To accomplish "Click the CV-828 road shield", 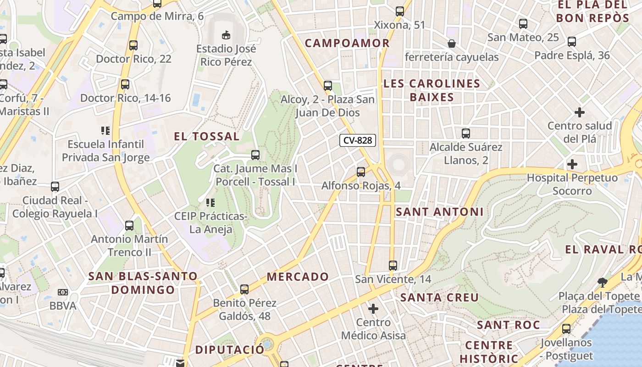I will point(358,141).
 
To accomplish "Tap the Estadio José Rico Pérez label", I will point(226,55).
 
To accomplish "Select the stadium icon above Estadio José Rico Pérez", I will point(226,35).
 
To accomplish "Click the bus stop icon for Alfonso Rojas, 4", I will point(361,172).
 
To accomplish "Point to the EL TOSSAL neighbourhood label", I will point(206,136).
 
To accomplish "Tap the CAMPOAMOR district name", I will point(347,43).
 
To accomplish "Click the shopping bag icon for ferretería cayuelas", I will point(452,44).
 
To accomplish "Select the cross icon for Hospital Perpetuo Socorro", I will point(572,164).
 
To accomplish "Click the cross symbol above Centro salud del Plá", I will point(580,112).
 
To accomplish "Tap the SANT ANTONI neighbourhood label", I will point(439,211).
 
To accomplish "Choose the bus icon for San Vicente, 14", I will point(393,265).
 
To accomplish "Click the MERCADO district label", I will point(298,277).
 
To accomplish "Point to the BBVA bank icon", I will point(63,292).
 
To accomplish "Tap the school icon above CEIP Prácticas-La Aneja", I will point(210,202).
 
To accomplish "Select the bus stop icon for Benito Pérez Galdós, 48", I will point(244,289).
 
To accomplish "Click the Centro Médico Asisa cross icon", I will point(373,308).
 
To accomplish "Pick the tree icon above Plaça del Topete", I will point(602,282).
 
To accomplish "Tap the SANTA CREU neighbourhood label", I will point(439,297).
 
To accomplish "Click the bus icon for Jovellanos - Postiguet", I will point(566,328).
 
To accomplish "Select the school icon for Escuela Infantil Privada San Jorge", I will point(106,131).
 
